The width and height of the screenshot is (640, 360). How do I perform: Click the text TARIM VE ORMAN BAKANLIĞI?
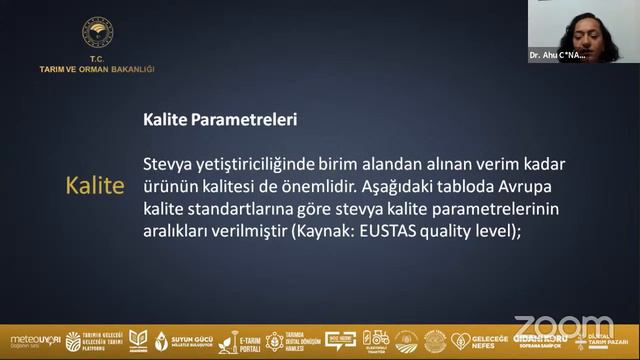tap(96, 69)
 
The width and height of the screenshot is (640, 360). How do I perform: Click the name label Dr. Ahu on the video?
tap(557, 56)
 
